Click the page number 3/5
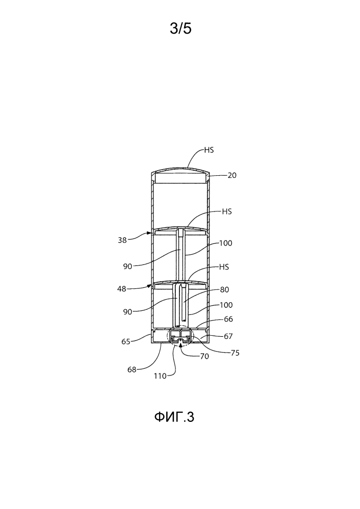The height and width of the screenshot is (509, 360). [x=181, y=29]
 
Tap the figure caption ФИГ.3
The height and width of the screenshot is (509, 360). [x=174, y=417]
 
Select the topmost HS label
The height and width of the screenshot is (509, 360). [x=209, y=150]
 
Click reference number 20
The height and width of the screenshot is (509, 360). [x=232, y=175]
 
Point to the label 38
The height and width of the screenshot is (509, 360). [x=122, y=240]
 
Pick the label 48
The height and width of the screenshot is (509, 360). [x=121, y=288]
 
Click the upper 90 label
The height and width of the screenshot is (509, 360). [x=127, y=266]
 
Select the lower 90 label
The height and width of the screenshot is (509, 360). [x=127, y=312]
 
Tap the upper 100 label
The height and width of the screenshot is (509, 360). [x=226, y=243]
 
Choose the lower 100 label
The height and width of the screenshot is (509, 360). [x=226, y=305]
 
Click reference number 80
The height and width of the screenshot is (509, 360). [x=224, y=289]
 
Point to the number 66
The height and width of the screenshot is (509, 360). [x=228, y=319]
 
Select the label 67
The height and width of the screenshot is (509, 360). [x=228, y=336]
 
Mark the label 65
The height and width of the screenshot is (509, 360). [x=126, y=341]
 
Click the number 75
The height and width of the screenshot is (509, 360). [x=235, y=353]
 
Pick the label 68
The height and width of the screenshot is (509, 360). [x=132, y=369]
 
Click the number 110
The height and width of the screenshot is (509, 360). [x=160, y=376]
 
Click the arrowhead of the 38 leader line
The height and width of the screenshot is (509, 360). [x=150, y=233]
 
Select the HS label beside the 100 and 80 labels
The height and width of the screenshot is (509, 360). [x=224, y=267]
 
